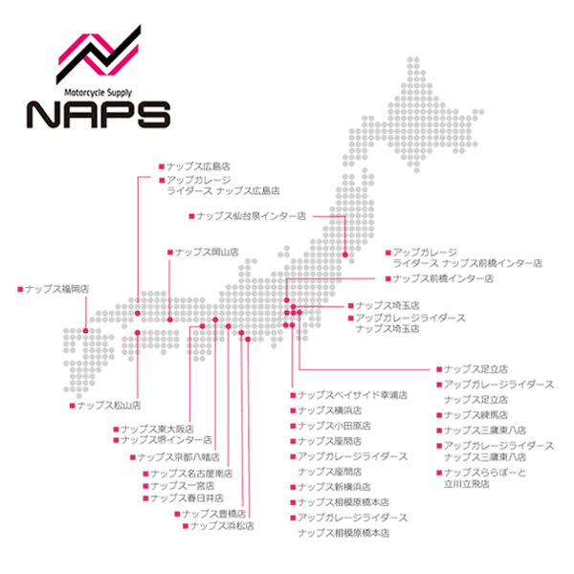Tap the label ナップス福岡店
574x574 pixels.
57,287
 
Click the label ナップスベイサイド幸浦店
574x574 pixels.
353,394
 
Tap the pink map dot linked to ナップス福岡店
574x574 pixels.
85,330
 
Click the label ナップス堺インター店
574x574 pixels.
167,440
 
